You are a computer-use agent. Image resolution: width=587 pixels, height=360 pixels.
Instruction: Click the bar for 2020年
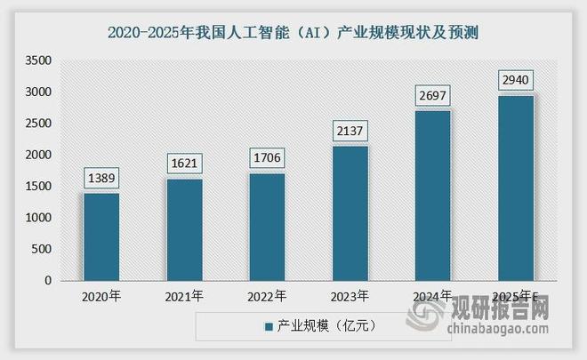coord(101,236)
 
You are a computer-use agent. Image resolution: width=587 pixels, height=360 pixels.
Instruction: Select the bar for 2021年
coord(184,229)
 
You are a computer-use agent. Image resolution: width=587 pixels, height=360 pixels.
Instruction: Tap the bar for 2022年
coord(267,227)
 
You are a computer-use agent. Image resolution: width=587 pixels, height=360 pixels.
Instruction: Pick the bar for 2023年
coord(350,213)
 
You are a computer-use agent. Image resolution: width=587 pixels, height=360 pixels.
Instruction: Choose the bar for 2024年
coord(432,196)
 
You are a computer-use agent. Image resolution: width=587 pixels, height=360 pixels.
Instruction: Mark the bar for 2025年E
coord(515,188)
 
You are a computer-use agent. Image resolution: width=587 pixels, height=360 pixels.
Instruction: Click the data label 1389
coord(101,178)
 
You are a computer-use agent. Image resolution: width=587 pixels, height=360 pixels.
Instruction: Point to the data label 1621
coord(184,164)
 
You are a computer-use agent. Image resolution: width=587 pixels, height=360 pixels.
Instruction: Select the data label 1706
coord(267,158)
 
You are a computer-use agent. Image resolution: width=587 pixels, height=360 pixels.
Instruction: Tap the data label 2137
coord(350,131)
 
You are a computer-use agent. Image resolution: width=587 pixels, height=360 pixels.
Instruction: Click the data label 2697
coord(432,95)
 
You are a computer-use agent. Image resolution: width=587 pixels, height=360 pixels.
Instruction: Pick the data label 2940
coord(515,80)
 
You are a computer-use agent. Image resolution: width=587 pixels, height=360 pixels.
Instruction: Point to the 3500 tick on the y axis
coord(38,60)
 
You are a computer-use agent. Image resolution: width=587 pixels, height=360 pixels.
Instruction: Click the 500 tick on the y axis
coord(42,249)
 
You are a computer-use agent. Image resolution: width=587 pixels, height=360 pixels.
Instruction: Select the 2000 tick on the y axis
coord(38,155)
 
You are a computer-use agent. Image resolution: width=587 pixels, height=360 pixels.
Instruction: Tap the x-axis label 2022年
coord(267,296)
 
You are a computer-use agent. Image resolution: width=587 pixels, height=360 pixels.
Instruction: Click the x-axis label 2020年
coord(101,296)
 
